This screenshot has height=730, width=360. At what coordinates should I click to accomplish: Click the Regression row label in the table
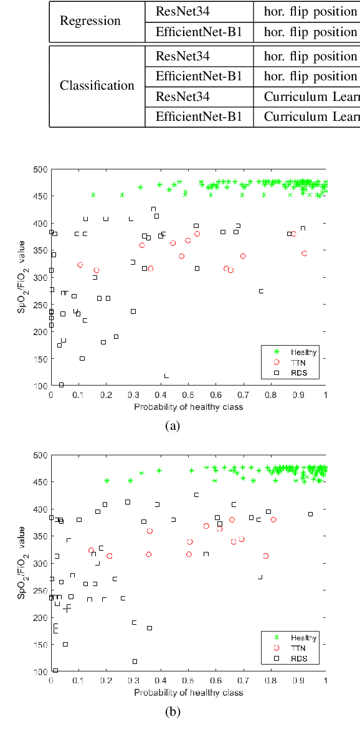(x=90, y=21)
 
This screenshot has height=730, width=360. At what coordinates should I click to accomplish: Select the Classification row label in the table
(x=97, y=86)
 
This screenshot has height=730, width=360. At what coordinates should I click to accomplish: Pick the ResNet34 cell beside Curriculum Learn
(x=182, y=97)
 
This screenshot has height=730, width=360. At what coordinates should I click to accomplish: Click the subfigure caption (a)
(x=173, y=426)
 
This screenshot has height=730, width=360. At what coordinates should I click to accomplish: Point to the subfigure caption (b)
(x=173, y=712)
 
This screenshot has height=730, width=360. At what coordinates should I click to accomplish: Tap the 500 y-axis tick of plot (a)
(x=40, y=169)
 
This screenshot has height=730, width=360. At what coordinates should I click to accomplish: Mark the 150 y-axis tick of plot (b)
(x=40, y=645)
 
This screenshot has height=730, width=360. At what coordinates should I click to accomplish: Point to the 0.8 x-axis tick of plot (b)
(x=270, y=680)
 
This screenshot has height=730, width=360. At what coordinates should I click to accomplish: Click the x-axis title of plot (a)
(x=188, y=407)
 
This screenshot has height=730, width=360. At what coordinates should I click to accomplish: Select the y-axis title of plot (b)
(x=22, y=563)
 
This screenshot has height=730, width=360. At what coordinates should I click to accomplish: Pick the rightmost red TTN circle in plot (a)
(x=304, y=254)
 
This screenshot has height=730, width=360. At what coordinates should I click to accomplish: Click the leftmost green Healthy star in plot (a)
(x=93, y=195)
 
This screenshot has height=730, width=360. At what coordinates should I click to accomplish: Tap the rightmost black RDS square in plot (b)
(x=310, y=514)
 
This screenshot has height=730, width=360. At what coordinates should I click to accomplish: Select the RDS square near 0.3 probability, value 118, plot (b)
(x=135, y=661)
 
